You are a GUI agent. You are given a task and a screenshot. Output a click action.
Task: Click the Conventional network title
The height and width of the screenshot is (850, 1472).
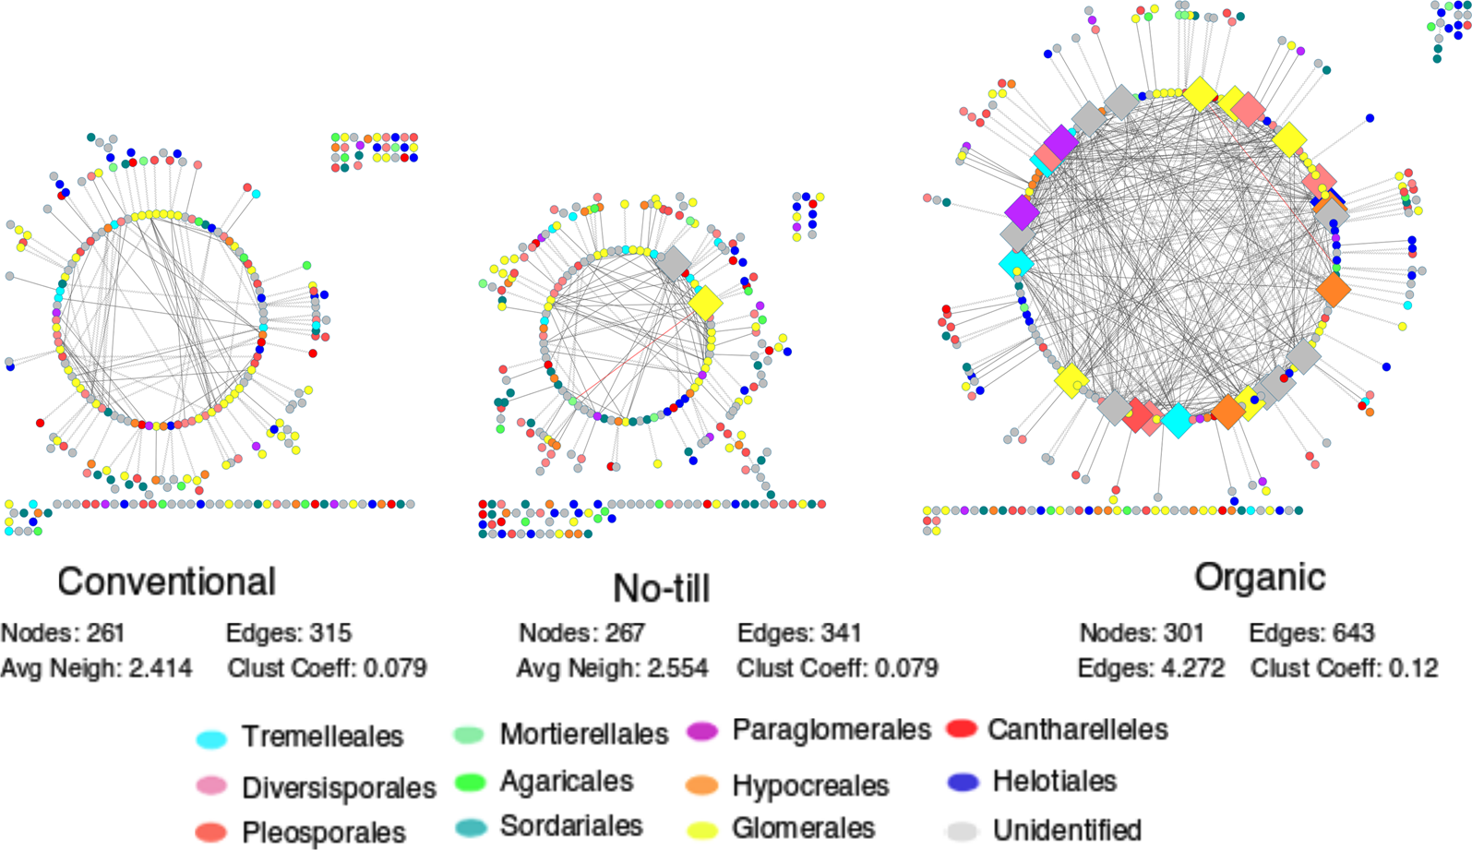click(166, 581)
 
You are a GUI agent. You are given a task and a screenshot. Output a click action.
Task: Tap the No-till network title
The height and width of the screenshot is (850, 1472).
click(661, 588)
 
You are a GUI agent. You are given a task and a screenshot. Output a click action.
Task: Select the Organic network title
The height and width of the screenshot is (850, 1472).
click(1259, 577)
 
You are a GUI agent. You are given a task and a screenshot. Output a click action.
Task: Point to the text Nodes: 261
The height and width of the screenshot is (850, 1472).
click(63, 633)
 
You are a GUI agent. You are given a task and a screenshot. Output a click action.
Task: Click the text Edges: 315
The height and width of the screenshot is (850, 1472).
click(288, 633)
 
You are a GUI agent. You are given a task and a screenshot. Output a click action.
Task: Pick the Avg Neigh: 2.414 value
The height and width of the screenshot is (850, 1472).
click(96, 668)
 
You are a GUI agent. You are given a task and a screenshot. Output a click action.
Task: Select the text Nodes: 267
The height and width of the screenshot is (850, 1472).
click(581, 633)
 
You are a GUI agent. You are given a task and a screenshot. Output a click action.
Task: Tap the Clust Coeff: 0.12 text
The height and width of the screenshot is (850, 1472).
click(1344, 668)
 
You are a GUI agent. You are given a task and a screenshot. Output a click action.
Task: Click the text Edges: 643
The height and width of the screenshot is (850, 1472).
click(1310, 633)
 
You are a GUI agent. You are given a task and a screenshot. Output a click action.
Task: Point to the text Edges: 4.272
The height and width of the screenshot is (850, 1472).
click(1151, 668)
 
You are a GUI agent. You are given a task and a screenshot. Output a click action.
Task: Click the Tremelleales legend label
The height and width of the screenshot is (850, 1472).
click(322, 736)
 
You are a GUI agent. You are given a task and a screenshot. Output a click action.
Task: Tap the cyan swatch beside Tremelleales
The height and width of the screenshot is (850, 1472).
click(211, 739)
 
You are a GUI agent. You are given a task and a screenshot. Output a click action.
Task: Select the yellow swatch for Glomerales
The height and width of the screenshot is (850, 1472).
click(702, 830)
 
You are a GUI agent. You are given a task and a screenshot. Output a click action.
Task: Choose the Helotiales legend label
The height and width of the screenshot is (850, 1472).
click(1054, 781)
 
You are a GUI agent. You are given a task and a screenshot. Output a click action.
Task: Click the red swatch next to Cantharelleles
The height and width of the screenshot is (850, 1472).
click(962, 729)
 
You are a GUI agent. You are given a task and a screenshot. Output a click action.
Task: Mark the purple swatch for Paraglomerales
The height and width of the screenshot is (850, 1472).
click(702, 731)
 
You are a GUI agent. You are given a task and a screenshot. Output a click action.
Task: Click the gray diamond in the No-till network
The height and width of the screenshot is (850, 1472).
click(674, 263)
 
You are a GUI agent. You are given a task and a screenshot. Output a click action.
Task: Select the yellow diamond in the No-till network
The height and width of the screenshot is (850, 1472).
click(706, 303)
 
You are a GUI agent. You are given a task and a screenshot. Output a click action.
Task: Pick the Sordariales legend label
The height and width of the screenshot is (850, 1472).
click(570, 826)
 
